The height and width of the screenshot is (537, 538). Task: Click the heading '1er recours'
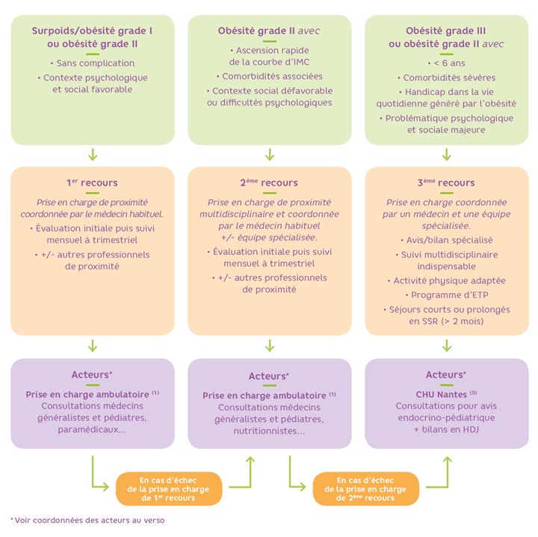pyautogui.click(x=92, y=182)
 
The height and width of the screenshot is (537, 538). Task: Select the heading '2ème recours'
pyautogui.click(x=269, y=182)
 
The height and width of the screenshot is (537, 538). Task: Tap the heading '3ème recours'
pyautogui.click(x=446, y=182)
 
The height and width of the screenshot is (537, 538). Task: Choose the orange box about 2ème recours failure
pyautogui.click(x=365, y=488)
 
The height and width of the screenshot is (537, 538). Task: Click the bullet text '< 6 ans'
pyautogui.click(x=446, y=64)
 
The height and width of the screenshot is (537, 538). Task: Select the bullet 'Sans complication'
pyautogui.click(x=93, y=64)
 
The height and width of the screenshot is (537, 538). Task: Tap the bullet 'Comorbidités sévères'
pyautogui.click(x=446, y=77)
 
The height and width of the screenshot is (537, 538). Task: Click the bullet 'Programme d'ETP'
pyautogui.click(x=446, y=295)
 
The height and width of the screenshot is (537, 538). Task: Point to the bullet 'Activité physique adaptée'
pyautogui.click(x=446, y=280)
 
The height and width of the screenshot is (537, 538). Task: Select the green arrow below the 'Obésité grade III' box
pyautogui.click(x=446, y=155)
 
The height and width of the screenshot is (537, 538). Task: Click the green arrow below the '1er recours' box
pyautogui.click(x=93, y=346)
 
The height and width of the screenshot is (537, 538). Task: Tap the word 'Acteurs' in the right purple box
pyautogui.click(x=444, y=375)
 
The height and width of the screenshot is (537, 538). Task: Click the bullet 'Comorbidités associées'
pyautogui.click(x=270, y=76)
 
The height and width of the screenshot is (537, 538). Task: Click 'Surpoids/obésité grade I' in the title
pyautogui.click(x=92, y=31)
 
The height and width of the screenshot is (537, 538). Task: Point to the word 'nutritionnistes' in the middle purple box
pyautogui.click(x=265, y=432)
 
